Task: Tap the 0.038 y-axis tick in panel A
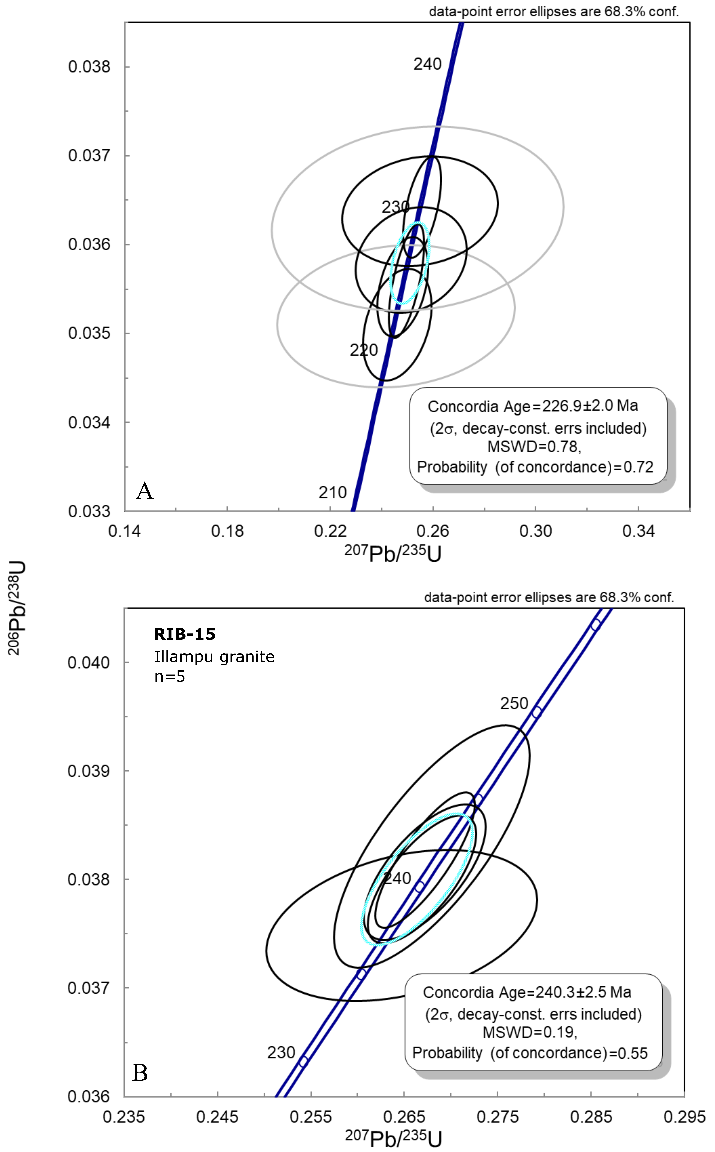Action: pyautogui.click(x=89, y=67)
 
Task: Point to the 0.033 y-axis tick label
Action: pyautogui.click(x=89, y=511)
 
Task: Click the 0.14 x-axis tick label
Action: pyautogui.click(x=124, y=531)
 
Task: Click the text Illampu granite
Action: pyautogui.click(x=214, y=657)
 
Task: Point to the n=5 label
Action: pyautogui.click(x=169, y=677)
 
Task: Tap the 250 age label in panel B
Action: pyautogui.click(x=514, y=703)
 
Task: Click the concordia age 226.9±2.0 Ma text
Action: pyautogui.click(x=533, y=406)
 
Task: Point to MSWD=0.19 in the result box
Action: pyautogui.click(x=530, y=1032)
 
